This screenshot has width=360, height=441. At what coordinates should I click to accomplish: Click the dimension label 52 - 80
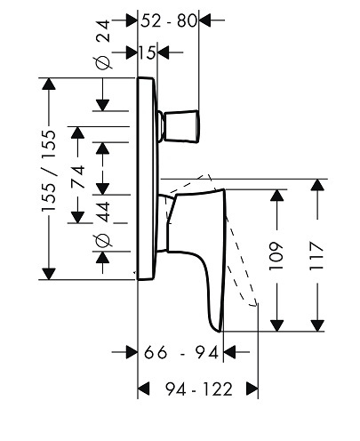pyautogui.click(x=169, y=20)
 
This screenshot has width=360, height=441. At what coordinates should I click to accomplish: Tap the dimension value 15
pyautogui.click(x=148, y=53)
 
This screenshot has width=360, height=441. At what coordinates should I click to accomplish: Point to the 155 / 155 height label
pyautogui.click(x=49, y=171)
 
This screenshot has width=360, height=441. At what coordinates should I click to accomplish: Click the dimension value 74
pyautogui.click(x=78, y=177)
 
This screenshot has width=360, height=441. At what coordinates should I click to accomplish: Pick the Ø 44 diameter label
pyautogui.click(x=104, y=225)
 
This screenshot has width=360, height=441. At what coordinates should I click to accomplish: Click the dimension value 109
pyautogui.click(x=276, y=256)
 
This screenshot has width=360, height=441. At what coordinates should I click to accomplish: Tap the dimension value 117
pyautogui.click(x=316, y=255)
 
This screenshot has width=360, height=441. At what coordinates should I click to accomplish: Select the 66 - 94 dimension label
pyautogui.click(x=181, y=353)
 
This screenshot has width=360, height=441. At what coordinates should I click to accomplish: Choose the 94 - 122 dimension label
pyautogui.click(x=199, y=389)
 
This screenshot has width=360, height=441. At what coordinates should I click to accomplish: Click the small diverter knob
pyautogui.click(x=181, y=126)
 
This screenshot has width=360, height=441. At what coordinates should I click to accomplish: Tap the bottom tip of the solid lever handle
pyautogui.click(x=220, y=332)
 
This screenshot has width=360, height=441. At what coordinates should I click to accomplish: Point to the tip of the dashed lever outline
pyautogui.click(x=254, y=305)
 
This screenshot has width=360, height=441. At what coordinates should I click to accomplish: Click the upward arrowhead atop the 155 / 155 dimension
pyautogui.click(x=49, y=84)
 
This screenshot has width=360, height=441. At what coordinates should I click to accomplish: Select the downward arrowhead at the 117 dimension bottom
pyautogui.click(x=317, y=325)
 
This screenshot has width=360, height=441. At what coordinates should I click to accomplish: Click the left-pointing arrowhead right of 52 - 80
pyautogui.click(x=204, y=20)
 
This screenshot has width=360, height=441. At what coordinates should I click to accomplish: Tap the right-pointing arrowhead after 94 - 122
pyautogui.click(x=252, y=389)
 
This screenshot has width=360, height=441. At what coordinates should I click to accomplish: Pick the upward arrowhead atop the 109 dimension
pyautogui.click(x=277, y=195)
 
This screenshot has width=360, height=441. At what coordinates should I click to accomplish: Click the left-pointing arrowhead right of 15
pyautogui.click(x=163, y=52)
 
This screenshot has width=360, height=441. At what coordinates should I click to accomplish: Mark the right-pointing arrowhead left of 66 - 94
pyautogui.click(x=132, y=352)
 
